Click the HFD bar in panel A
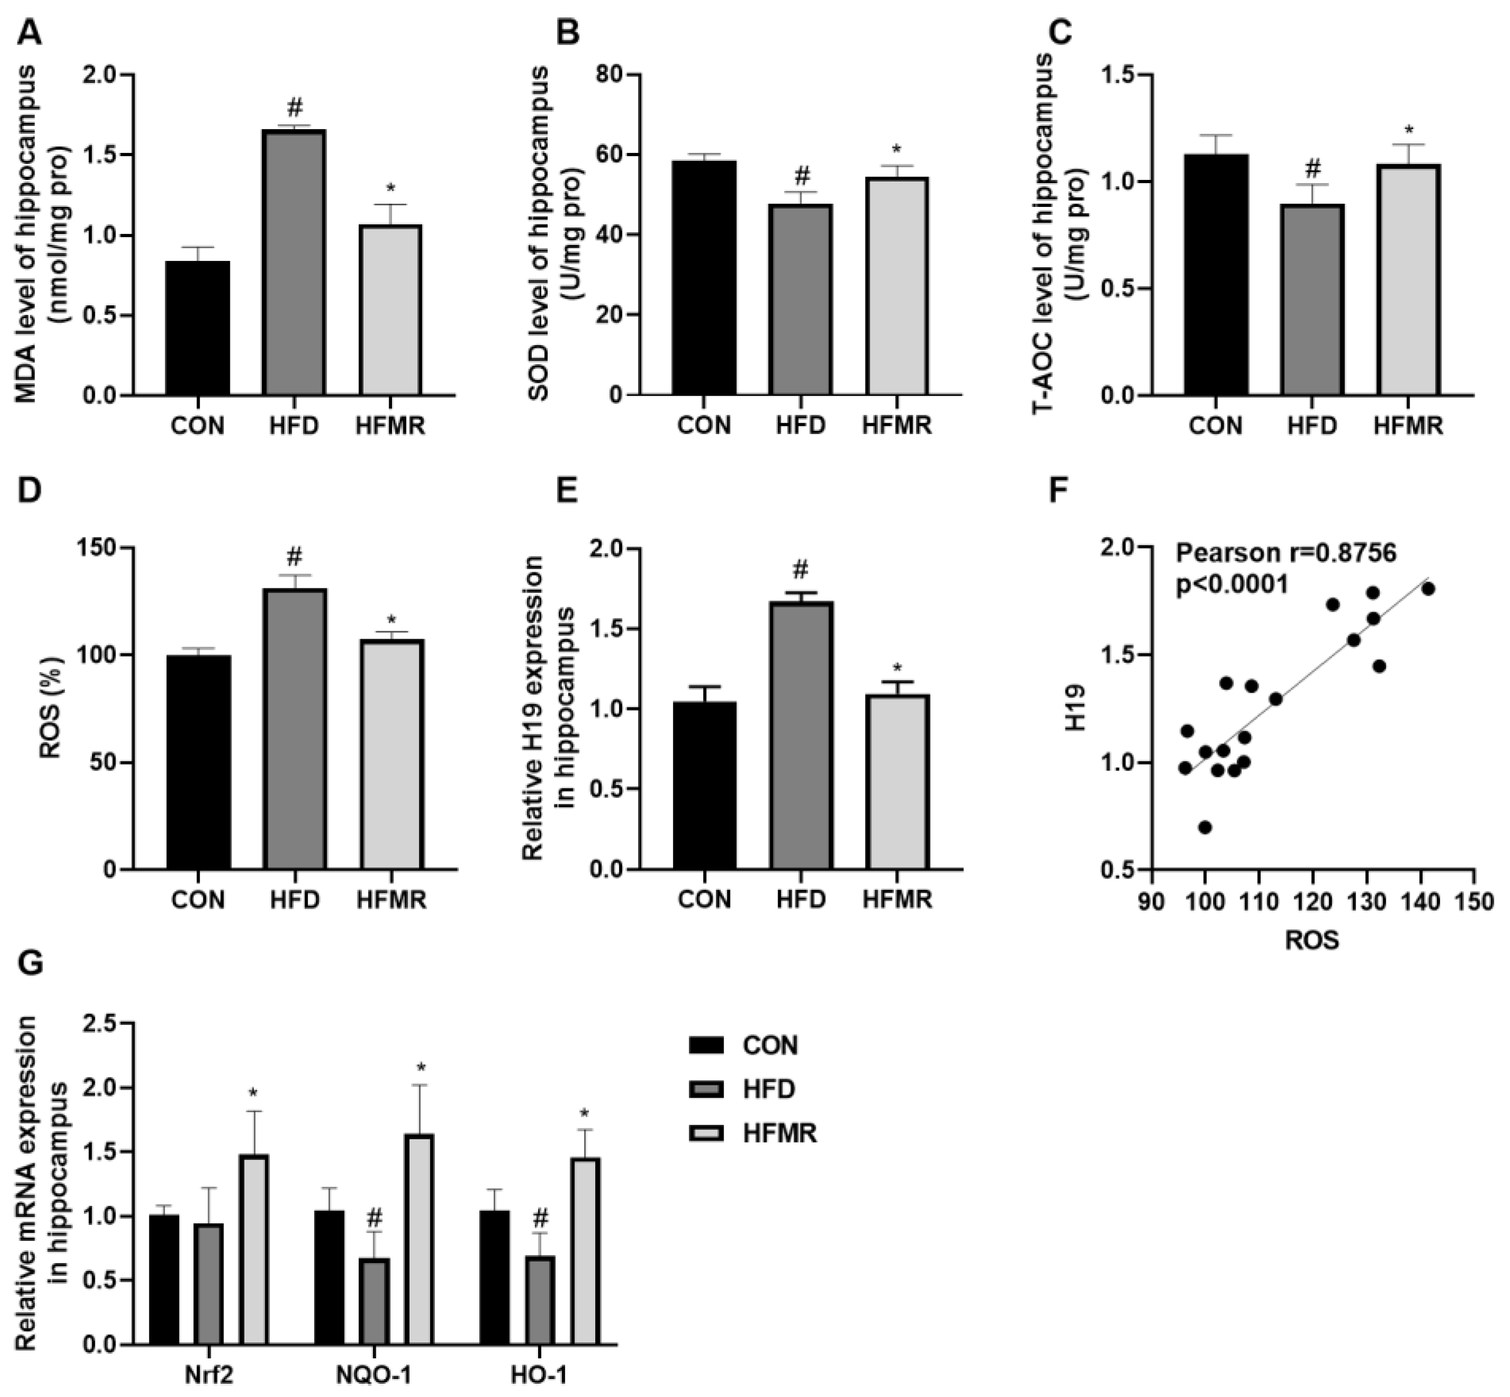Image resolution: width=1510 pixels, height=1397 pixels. point(295,262)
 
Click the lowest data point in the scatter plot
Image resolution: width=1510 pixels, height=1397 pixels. point(1205,828)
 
